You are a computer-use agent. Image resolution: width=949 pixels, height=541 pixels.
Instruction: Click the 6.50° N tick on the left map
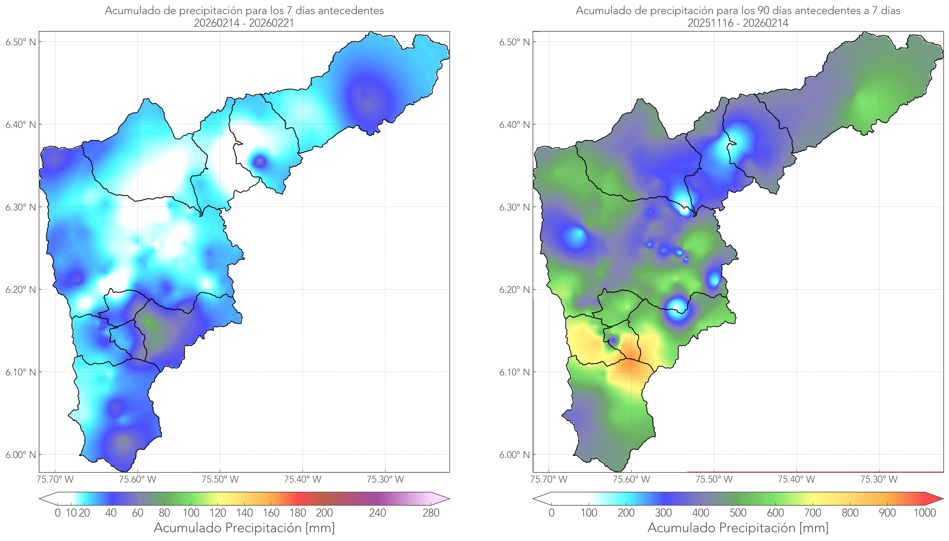click(x=21, y=42)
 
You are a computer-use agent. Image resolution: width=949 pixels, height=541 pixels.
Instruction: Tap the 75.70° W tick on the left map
click(x=55, y=479)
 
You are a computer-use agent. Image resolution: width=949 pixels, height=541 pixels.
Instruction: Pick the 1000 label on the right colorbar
click(x=925, y=513)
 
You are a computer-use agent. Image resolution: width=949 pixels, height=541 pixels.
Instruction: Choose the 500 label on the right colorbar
click(x=738, y=513)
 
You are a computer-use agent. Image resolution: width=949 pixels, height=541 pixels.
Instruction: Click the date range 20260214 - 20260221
click(x=244, y=23)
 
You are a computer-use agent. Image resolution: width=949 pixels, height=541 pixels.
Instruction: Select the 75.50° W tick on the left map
click(x=220, y=479)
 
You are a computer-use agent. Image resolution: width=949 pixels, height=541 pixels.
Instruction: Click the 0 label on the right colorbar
click(x=551, y=513)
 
